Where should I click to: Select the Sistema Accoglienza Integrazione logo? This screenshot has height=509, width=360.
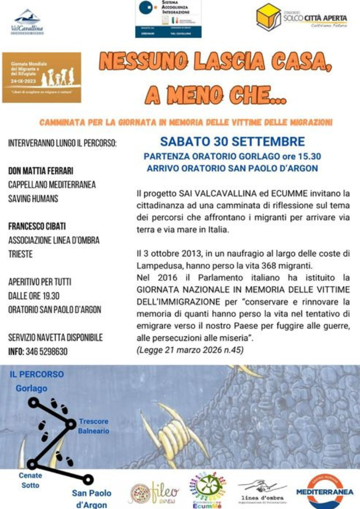(168, 19)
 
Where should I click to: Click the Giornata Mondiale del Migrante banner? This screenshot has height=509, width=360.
(42, 77)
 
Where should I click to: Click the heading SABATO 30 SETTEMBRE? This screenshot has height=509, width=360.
(233, 141)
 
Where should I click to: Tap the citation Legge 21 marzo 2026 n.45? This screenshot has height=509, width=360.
(190, 349)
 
